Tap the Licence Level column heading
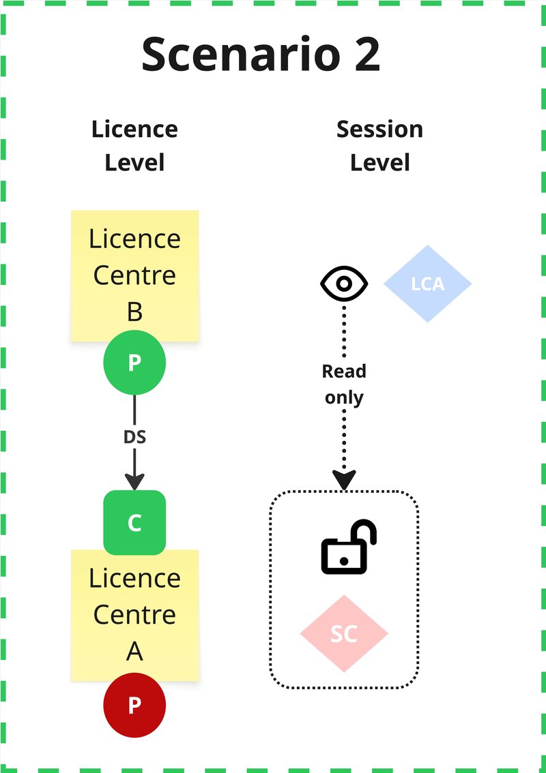pos(134,145)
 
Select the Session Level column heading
pos(379,145)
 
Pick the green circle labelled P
pos(134,363)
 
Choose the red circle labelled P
pos(134,704)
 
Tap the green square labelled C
pos(134,523)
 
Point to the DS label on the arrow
pos(134,437)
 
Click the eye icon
pos(345,283)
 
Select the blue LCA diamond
pos(428,284)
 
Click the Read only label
pos(344,384)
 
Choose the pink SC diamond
pos(344,633)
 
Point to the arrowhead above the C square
pos(134,482)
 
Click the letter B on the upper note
pos(134,312)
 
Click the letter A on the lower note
pos(134,652)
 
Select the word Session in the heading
pos(379,129)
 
